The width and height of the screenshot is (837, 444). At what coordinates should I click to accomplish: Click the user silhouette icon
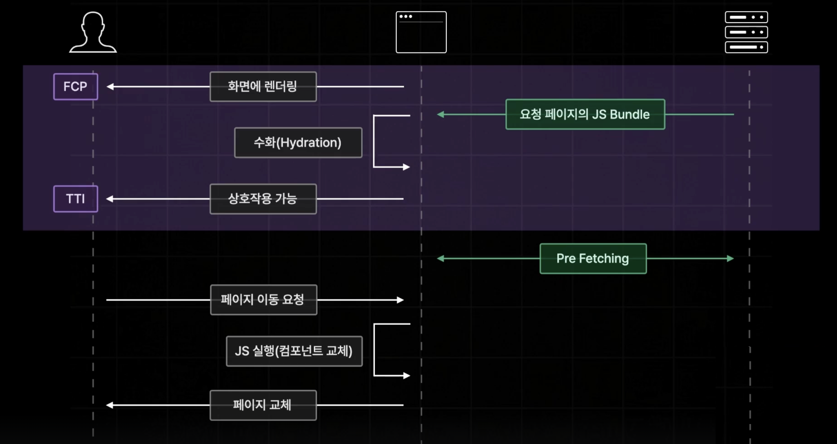tap(93, 32)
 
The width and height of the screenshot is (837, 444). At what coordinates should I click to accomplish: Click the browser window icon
tap(421, 32)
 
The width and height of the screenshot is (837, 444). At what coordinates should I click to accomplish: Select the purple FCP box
tap(75, 87)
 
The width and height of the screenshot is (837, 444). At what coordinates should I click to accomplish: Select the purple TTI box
tap(75, 199)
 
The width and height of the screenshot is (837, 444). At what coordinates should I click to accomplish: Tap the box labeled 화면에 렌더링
tap(263, 87)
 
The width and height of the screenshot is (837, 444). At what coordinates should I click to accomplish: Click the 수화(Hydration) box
tap(298, 143)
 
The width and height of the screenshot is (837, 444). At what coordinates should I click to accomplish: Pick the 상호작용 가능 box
tap(263, 199)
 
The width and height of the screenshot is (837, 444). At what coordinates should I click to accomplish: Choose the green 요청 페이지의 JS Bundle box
tap(585, 114)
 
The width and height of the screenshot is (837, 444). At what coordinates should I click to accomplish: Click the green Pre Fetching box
tap(593, 259)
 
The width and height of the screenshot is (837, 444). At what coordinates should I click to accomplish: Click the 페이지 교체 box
tap(263, 405)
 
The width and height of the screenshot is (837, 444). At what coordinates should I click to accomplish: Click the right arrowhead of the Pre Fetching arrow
tap(730, 259)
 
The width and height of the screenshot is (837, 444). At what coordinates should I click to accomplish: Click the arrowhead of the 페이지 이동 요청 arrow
tap(400, 300)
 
